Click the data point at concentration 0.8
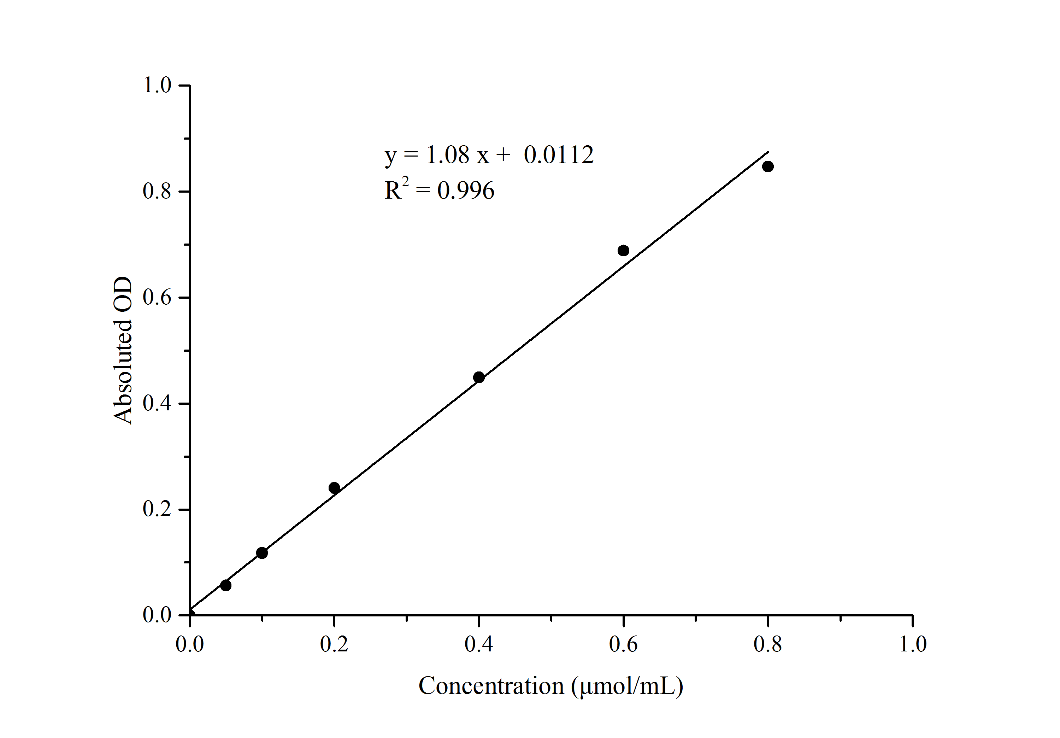coord(768,166)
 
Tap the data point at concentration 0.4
coord(479,377)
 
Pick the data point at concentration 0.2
coord(334,488)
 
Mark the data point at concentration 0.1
coord(262,553)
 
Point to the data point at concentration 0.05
coord(226,586)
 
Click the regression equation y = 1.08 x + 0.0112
coord(489,155)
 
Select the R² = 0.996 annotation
coord(439,190)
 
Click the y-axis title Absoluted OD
coord(123,351)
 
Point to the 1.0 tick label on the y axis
coord(157,86)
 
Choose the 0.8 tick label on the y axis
coord(157,191)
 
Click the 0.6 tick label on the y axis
coord(157,297)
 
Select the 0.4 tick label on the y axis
coord(157,404)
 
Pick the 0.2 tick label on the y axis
coord(157,509)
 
